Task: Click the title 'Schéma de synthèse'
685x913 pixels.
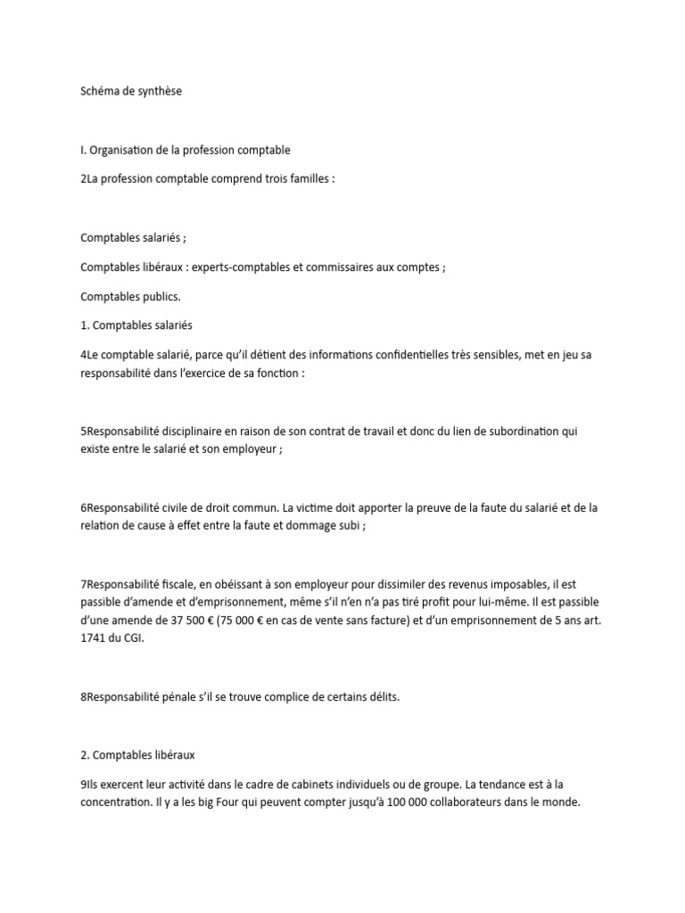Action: pyautogui.click(x=130, y=91)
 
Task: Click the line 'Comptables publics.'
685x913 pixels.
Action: pyautogui.click(x=130, y=296)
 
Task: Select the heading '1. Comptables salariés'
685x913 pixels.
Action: pyautogui.click(x=136, y=325)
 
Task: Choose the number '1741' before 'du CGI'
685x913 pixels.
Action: pyautogui.click(x=95, y=638)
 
